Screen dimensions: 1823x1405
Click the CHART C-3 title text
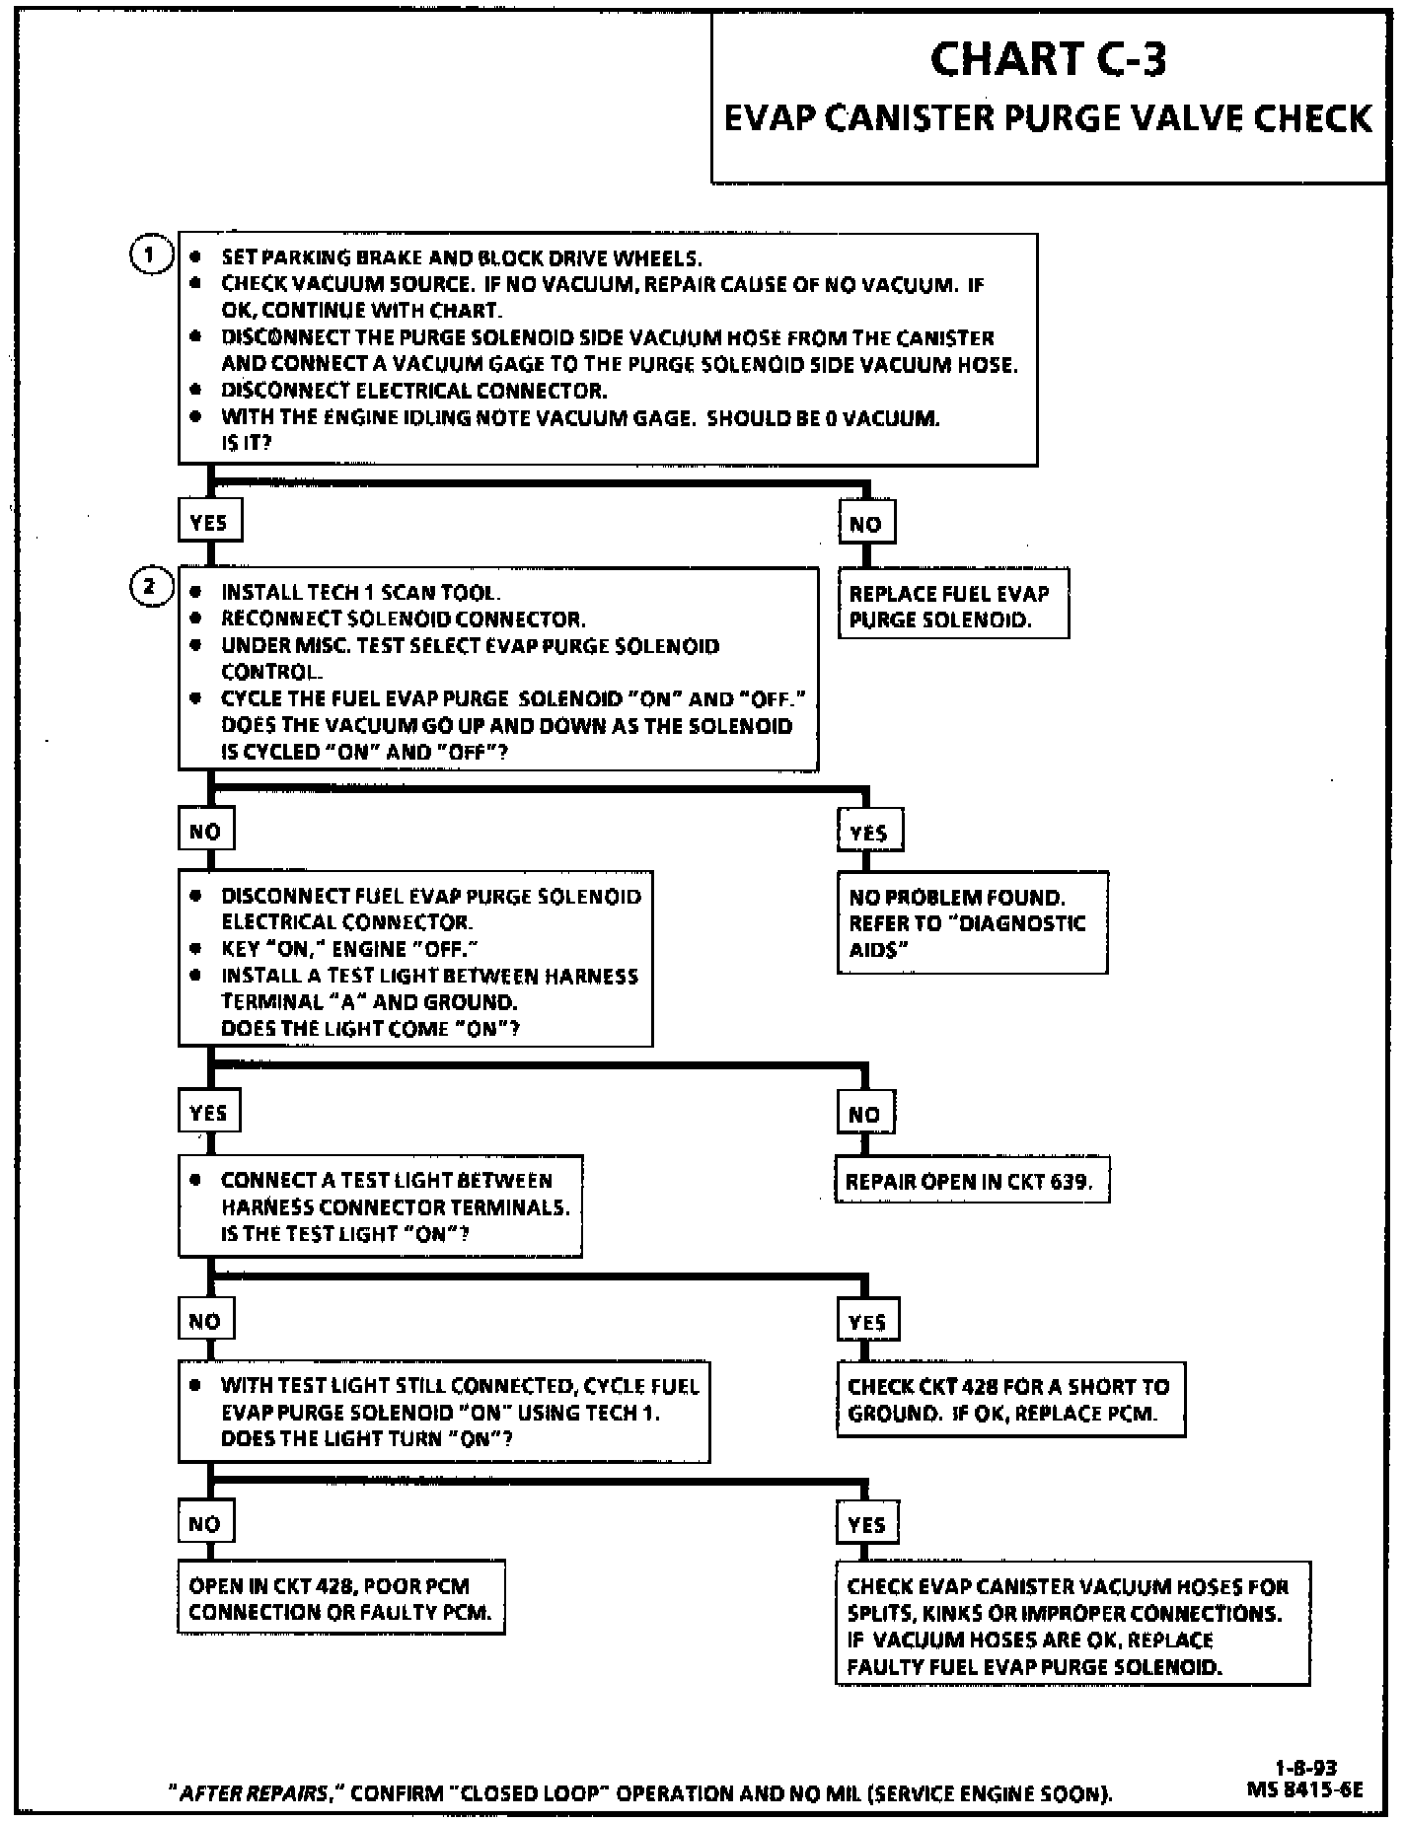pyautogui.click(x=1048, y=59)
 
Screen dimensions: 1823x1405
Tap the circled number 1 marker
pyautogui.click(x=150, y=255)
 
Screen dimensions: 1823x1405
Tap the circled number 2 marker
pyautogui.click(x=150, y=587)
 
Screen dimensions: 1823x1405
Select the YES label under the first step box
pyautogui.click(x=209, y=522)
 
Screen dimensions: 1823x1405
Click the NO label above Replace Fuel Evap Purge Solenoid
pyautogui.click(x=865, y=524)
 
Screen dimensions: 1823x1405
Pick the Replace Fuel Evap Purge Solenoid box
pyautogui.click(x=952, y=606)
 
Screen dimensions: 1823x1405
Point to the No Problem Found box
pyautogui.click(x=972, y=922)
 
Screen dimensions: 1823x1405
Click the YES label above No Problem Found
pyautogui.click(x=868, y=832)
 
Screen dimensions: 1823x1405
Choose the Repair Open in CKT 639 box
pyautogui.click(x=972, y=1181)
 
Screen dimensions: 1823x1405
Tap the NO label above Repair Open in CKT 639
pyautogui.click(x=864, y=1114)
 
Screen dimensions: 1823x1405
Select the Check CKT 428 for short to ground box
pyautogui.click(x=1010, y=1399)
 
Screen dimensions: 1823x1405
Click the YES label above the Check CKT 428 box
pyautogui.click(x=867, y=1321)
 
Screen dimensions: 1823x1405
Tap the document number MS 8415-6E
pyautogui.click(x=1305, y=1787)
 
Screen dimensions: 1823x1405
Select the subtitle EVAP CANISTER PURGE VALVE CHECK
pyautogui.click(x=1048, y=118)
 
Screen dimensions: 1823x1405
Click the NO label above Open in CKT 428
pyautogui.click(x=205, y=1523)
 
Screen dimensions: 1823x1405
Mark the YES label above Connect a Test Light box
pyautogui.click(x=208, y=1113)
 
